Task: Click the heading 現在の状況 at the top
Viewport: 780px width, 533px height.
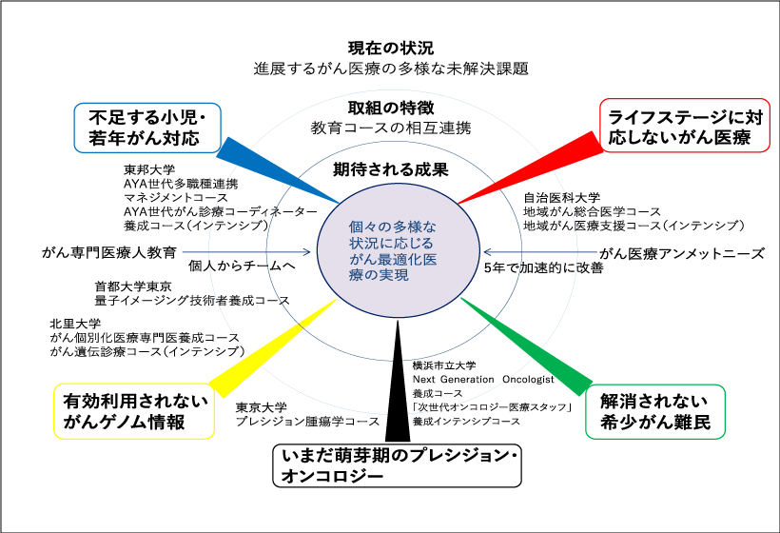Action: click(390, 48)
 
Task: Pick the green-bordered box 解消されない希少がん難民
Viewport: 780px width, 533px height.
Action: click(656, 410)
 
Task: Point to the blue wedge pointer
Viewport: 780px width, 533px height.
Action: click(276, 171)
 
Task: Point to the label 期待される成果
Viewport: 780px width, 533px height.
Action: click(390, 170)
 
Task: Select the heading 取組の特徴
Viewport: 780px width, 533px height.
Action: click(390, 108)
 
